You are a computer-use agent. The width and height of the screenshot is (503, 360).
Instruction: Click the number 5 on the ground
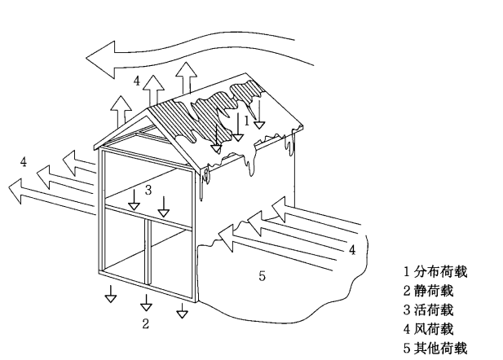pyautogui.click(x=262, y=276)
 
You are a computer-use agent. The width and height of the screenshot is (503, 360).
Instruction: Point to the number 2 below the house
pyautogui.click(x=146, y=324)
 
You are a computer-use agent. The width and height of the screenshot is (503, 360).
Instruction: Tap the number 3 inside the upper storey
pyautogui.click(x=148, y=190)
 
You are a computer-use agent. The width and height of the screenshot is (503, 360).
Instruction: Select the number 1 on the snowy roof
pyautogui.click(x=247, y=120)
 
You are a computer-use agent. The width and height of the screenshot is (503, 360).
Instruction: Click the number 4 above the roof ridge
pyautogui.click(x=137, y=81)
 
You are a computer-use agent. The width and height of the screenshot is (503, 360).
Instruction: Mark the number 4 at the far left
pyautogui.click(x=24, y=162)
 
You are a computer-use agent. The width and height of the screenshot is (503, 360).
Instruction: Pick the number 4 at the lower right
pyautogui.click(x=351, y=250)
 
